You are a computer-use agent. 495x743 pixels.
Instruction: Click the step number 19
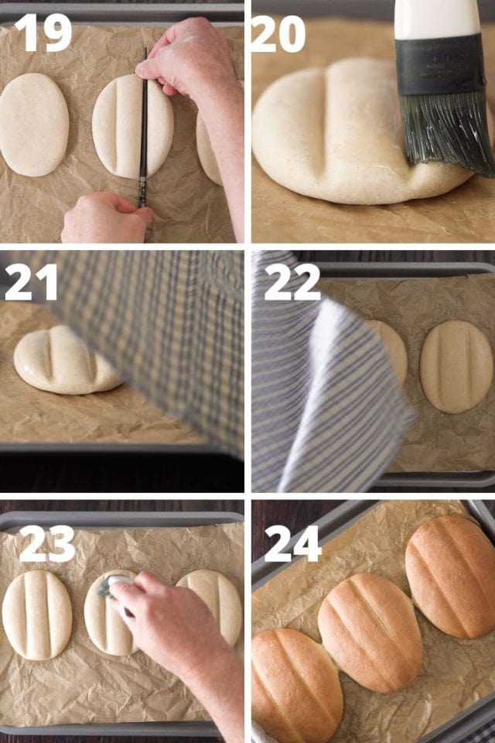click(x=43, y=33)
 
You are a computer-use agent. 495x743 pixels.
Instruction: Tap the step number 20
click(x=279, y=34)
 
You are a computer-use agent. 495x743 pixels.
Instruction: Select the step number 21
click(x=30, y=282)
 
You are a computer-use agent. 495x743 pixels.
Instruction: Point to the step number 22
click(x=292, y=282)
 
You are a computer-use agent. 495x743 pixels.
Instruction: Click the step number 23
click(x=46, y=545)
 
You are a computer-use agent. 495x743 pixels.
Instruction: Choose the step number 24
click(x=292, y=544)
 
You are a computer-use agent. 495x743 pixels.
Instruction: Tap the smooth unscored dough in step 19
click(x=33, y=124)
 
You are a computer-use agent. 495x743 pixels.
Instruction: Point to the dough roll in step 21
click(x=66, y=361)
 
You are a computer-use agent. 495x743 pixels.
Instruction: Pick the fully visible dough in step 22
click(x=456, y=366)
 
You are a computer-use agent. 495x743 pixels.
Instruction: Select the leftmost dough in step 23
click(x=37, y=615)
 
